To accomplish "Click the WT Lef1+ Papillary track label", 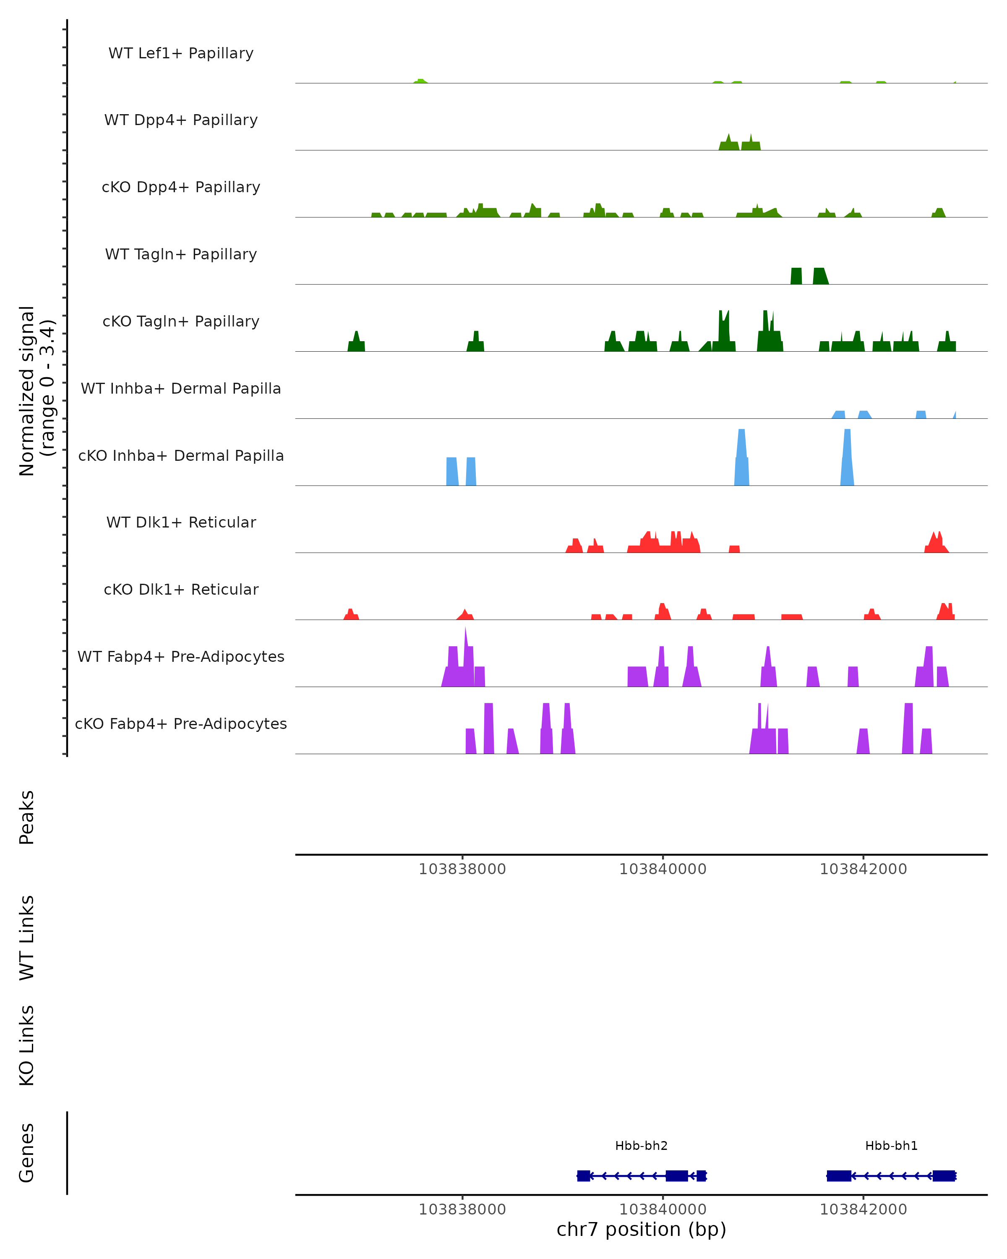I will [181, 53].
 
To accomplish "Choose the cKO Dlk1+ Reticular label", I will [181, 589].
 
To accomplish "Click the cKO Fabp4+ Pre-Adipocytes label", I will [181, 724].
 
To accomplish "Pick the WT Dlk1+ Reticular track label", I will [181, 522].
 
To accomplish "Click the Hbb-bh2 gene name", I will [641, 1146].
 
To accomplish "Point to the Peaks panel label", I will [27, 817].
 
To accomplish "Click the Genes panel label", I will [27, 1153].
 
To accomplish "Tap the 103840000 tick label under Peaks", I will [663, 869].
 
